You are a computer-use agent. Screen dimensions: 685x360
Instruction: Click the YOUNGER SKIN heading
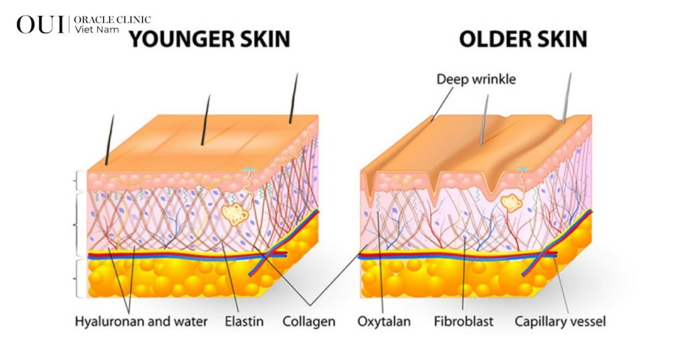[209, 39]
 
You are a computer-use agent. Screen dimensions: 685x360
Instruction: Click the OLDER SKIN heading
[523, 39]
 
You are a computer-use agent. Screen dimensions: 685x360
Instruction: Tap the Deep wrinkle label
[476, 79]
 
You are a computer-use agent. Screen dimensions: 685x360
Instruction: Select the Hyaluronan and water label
[141, 322]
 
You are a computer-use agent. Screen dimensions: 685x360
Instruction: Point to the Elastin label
[244, 322]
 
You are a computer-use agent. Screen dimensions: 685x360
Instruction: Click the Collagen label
[309, 322]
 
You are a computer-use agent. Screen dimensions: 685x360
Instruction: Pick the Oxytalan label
[384, 322]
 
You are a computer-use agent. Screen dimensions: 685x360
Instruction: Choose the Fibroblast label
[464, 322]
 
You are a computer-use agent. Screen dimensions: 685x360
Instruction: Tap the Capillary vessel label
[560, 322]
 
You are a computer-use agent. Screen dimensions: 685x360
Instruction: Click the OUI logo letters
[40, 25]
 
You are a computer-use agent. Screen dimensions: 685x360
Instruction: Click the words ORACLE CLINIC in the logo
[112, 19]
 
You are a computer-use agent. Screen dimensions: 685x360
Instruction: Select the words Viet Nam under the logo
[96, 29]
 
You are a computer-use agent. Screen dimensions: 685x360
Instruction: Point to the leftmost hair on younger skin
[110, 140]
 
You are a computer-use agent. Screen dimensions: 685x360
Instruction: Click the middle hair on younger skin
[205, 120]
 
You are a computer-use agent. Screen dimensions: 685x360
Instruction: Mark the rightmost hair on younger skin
[293, 98]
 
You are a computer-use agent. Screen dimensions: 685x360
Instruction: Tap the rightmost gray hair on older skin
[567, 98]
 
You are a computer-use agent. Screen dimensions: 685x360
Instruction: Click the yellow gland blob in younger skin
[235, 214]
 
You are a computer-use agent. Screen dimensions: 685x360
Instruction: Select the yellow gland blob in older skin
[510, 203]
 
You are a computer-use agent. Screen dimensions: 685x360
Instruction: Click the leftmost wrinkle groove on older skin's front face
[371, 189]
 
